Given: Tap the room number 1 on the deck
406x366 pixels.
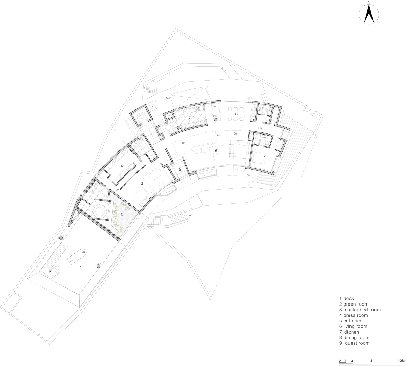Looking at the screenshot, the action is (81, 268).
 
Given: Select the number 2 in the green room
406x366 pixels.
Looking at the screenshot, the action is (122, 214).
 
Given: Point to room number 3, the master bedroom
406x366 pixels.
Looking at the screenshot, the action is (142, 184).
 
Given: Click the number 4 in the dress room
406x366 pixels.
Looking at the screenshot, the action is (122, 166).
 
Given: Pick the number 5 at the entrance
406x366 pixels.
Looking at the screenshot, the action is (180, 169).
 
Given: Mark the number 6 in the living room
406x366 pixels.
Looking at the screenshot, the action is (216, 151).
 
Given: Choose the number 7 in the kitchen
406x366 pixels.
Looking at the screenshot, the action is (190, 118).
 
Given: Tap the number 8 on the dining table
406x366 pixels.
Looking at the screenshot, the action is (236, 114).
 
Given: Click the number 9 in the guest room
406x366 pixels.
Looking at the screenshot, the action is (264, 158).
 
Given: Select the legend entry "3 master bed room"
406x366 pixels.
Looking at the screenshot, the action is (360, 310).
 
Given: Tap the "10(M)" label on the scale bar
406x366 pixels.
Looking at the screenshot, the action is (402, 360).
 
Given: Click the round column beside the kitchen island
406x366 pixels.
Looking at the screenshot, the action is (216, 120).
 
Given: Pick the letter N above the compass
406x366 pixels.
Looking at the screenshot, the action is (369, 2).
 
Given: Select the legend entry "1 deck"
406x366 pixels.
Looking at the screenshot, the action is (347, 298).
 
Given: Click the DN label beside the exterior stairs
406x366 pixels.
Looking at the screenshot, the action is (189, 215).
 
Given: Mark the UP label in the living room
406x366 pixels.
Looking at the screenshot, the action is (184, 143).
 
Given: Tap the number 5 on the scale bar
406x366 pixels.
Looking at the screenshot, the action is (371, 360).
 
